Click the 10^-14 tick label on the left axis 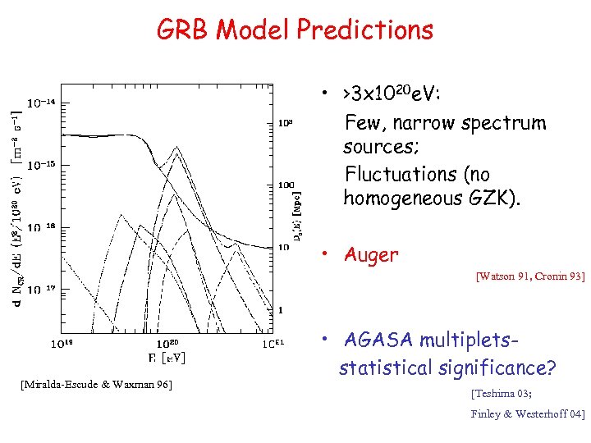[41, 103]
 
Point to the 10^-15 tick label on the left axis [41, 165]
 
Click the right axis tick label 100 [285, 185]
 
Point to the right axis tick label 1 [281, 309]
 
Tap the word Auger [371, 255]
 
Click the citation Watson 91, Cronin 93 [530, 277]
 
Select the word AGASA [377, 340]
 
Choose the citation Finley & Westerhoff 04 [528, 414]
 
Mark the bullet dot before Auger [327, 255]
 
